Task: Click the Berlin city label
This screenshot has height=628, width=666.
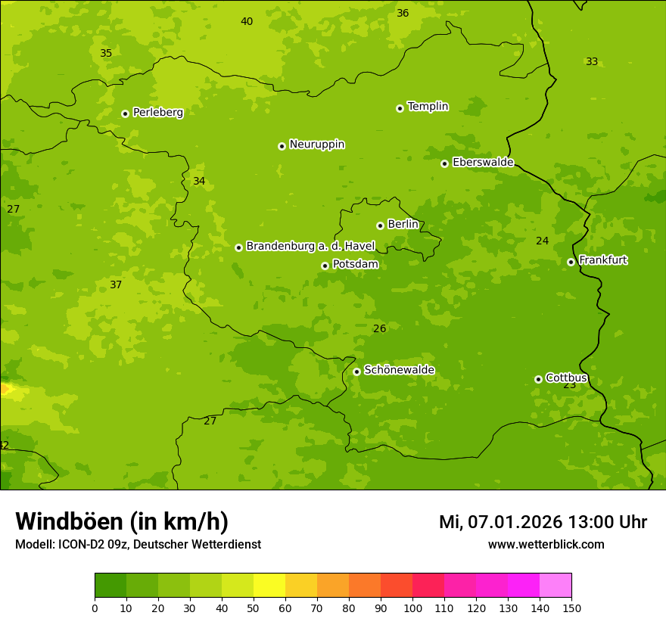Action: (x=403, y=225)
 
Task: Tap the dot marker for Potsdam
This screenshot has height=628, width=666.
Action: (x=325, y=266)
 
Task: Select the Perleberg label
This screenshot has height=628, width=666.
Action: (x=157, y=113)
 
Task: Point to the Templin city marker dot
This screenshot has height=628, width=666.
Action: (x=400, y=108)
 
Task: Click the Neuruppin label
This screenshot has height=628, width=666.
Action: (x=316, y=145)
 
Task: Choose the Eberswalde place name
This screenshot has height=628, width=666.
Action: (x=483, y=163)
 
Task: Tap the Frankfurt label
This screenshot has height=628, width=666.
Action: (x=602, y=260)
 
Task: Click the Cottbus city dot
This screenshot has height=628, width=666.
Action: (x=538, y=379)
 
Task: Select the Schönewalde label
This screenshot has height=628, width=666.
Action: (x=399, y=370)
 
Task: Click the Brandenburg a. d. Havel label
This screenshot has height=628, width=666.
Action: (x=310, y=247)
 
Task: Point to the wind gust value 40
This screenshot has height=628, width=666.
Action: (x=247, y=21)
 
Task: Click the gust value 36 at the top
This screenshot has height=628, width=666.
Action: (x=403, y=13)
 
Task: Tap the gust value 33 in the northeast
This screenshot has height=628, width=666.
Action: (x=592, y=61)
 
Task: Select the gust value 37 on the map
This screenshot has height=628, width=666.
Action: (x=116, y=284)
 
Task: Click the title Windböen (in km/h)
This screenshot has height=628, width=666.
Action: (x=122, y=521)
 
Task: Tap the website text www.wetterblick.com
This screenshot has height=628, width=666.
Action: (x=546, y=545)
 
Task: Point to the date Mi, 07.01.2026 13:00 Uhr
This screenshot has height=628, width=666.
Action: (x=543, y=522)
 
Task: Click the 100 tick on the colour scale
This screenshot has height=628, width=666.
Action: (x=412, y=608)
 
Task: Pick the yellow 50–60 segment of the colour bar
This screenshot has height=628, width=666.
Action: (x=269, y=586)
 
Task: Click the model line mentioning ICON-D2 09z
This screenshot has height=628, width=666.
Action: (x=138, y=545)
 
